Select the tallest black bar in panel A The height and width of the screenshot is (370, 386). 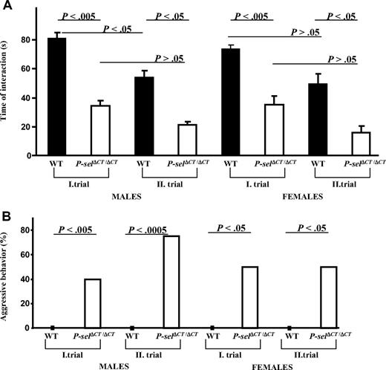pos(57,97)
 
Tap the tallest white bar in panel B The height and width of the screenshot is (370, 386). pos(171,282)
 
